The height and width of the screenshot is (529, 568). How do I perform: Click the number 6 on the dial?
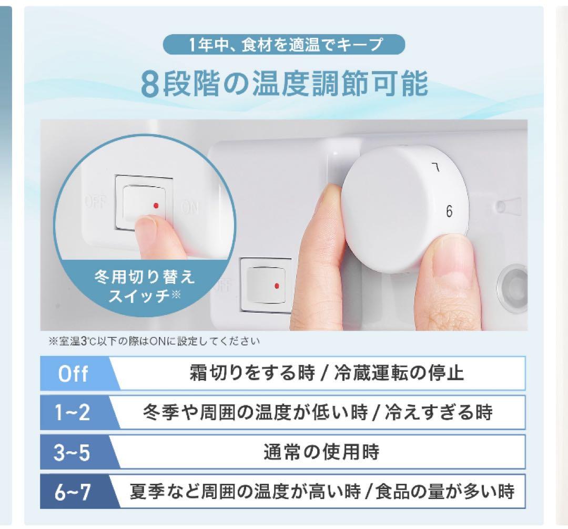[x=449, y=211]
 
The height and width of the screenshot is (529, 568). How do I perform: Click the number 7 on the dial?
[x=435, y=169]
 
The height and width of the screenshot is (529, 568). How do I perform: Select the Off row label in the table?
[x=73, y=374]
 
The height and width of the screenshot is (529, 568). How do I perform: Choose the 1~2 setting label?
[x=73, y=413]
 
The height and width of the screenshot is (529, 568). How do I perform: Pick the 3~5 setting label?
[x=73, y=453]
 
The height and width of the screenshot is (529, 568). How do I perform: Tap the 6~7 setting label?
[x=73, y=493]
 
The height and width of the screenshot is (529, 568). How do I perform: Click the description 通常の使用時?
[x=321, y=453]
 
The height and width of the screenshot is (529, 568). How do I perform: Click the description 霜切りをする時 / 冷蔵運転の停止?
[x=326, y=374]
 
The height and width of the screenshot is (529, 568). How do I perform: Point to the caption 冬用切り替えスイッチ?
[x=144, y=286]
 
